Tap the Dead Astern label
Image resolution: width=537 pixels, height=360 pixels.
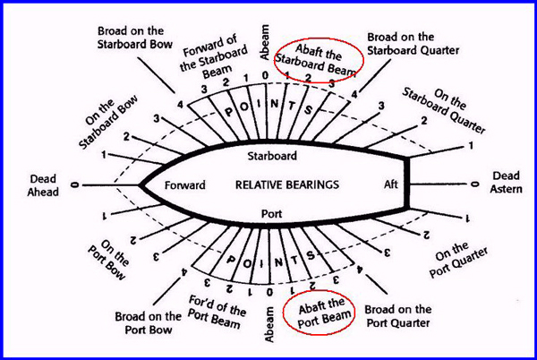(x=507, y=183)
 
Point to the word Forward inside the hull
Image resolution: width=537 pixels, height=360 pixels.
(x=185, y=184)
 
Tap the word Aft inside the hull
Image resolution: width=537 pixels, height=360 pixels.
(x=391, y=184)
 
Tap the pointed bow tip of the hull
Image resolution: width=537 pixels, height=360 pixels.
(x=141, y=185)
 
